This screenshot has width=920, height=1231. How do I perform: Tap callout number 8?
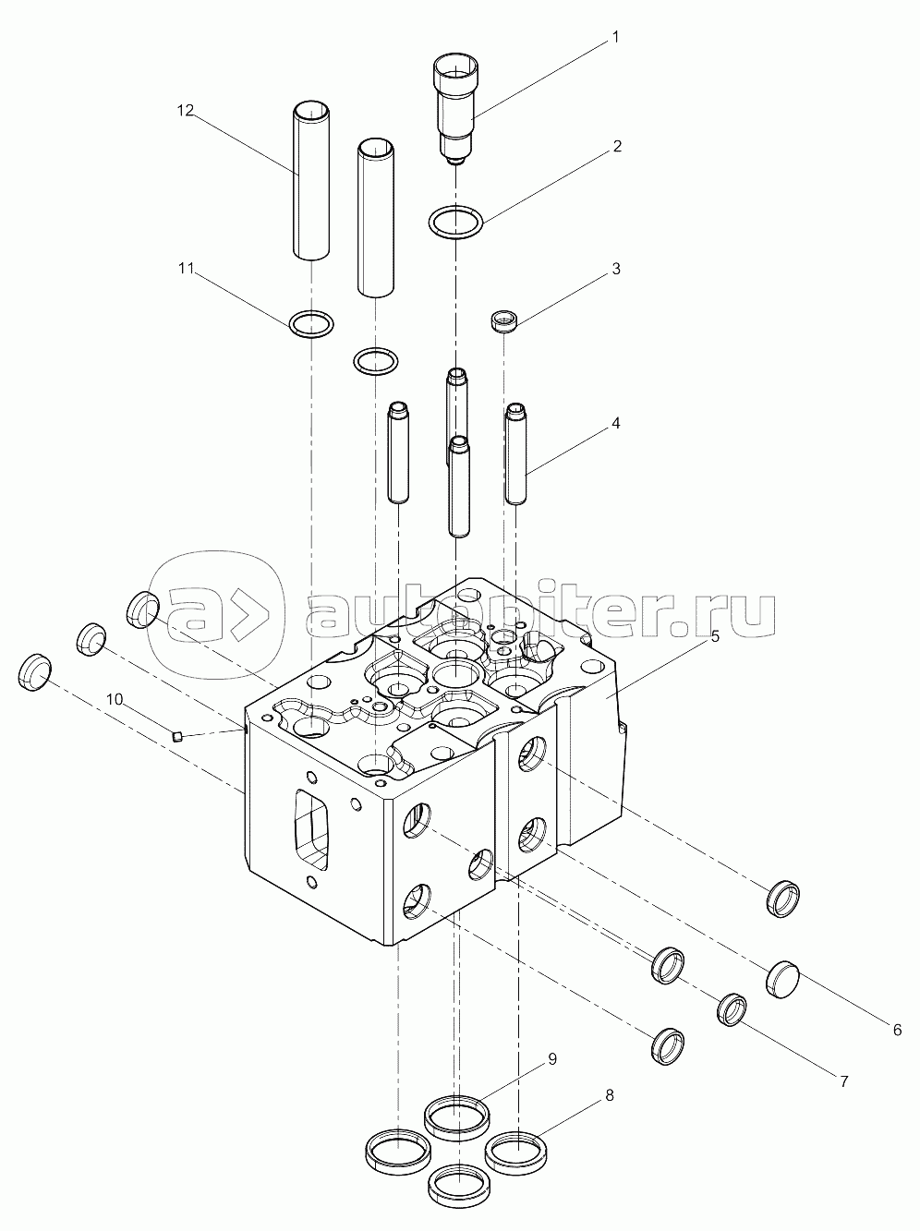[609, 1095]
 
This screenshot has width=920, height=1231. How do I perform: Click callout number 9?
[551, 1059]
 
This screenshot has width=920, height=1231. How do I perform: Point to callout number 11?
[186, 269]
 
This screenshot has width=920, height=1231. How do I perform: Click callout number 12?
[186, 111]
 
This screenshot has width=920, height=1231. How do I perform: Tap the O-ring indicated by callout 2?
[456, 222]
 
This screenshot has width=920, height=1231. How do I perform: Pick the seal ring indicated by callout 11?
[311, 324]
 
